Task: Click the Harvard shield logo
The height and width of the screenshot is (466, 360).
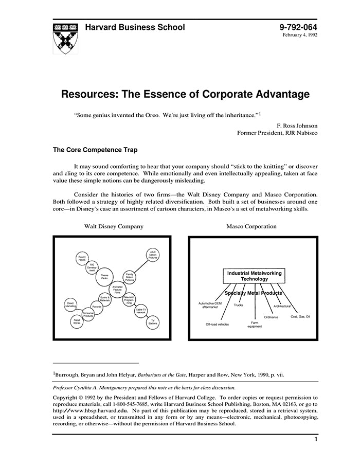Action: coord(65,37)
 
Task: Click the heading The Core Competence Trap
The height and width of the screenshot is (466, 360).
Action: coord(95,151)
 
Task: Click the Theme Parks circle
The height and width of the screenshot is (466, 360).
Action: coord(104,277)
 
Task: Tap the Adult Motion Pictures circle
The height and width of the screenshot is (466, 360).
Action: coord(153,255)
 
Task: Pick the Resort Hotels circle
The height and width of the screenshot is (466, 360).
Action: coord(82,258)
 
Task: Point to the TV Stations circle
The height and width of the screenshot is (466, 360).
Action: coord(153,322)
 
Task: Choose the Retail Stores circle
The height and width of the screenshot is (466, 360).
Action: coord(77,321)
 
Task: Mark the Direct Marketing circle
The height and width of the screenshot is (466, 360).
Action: coord(71,304)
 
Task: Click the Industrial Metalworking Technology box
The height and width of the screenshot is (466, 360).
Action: coord(255,276)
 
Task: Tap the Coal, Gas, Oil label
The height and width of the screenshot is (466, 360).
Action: coord(300,316)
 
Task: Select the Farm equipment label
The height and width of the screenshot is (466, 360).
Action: coord(255,324)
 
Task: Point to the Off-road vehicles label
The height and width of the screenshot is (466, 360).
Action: coord(217,325)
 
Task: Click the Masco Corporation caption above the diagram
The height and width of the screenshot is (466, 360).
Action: coord(251,226)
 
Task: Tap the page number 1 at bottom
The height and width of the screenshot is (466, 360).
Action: coord(315,439)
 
